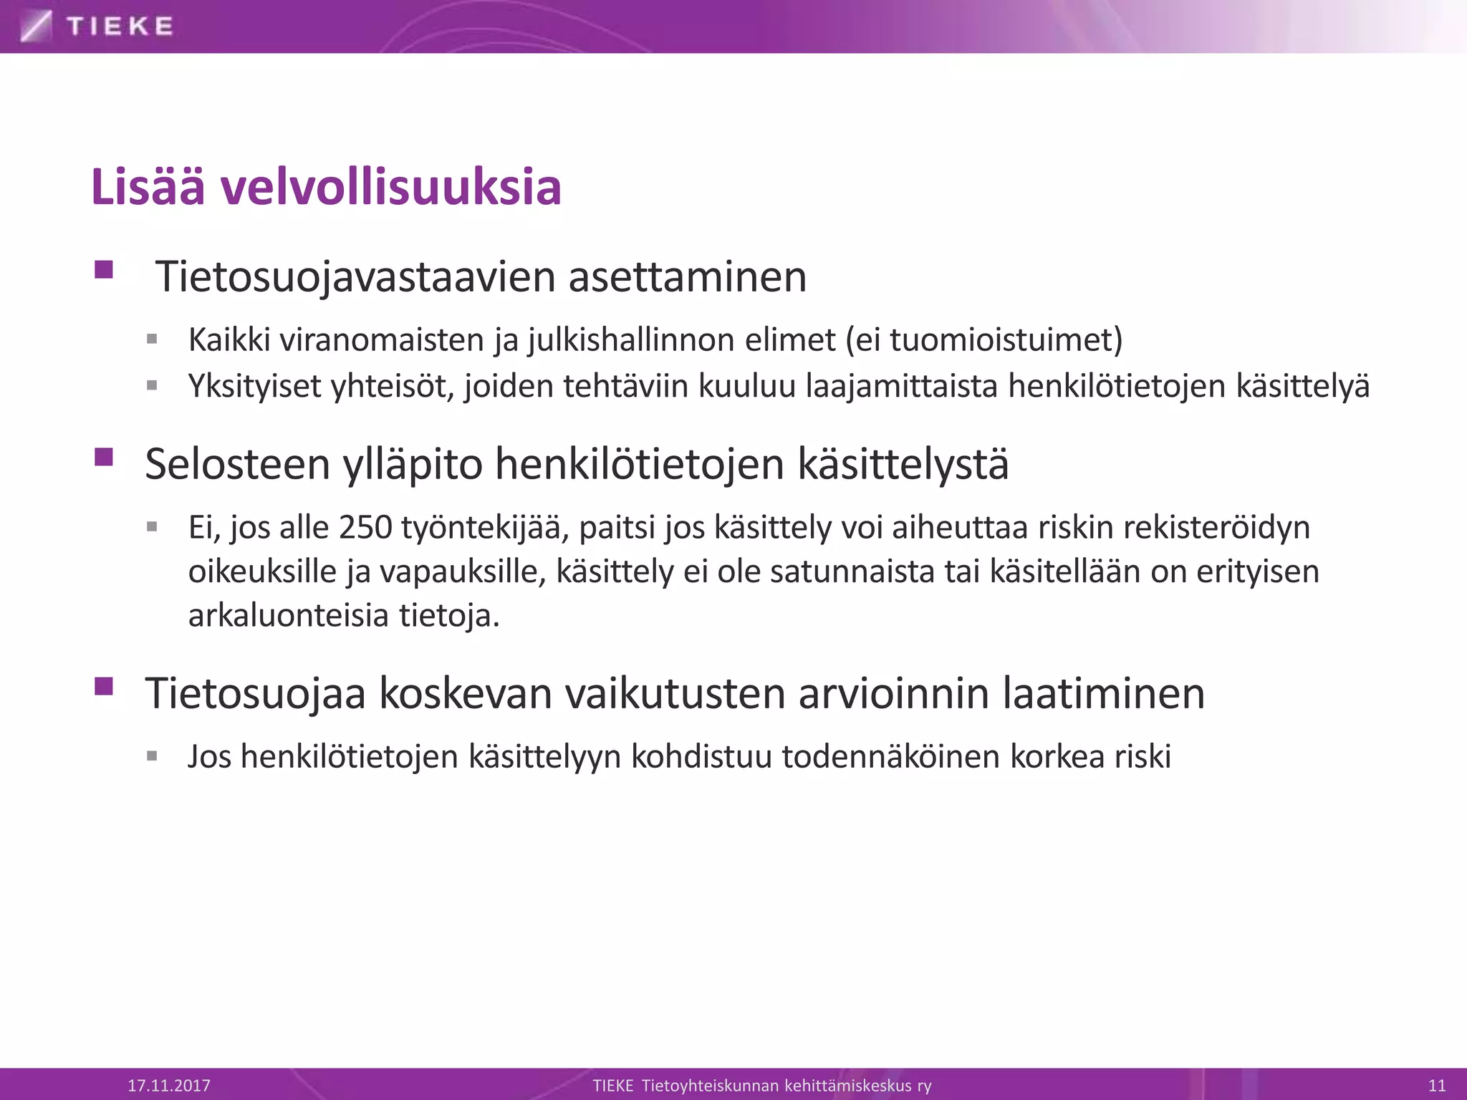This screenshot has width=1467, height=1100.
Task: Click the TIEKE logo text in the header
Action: tap(119, 26)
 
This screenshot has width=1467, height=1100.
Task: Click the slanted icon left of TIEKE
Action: tap(36, 26)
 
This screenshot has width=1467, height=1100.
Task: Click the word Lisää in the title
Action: tap(148, 188)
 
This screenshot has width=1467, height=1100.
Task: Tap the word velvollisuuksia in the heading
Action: tap(390, 188)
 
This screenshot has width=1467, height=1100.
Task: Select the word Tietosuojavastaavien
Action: tap(355, 277)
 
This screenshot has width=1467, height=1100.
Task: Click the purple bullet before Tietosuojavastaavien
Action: tap(104, 270)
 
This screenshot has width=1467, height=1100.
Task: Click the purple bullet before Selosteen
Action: tap(104, 457)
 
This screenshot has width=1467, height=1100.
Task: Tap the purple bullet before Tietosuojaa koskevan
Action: tap(104, 687)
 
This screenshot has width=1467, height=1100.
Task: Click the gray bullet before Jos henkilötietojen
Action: tap(152, 756)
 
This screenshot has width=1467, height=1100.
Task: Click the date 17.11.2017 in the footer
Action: tap(169, 1085)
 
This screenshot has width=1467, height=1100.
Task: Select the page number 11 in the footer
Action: tap(1437, 1085)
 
